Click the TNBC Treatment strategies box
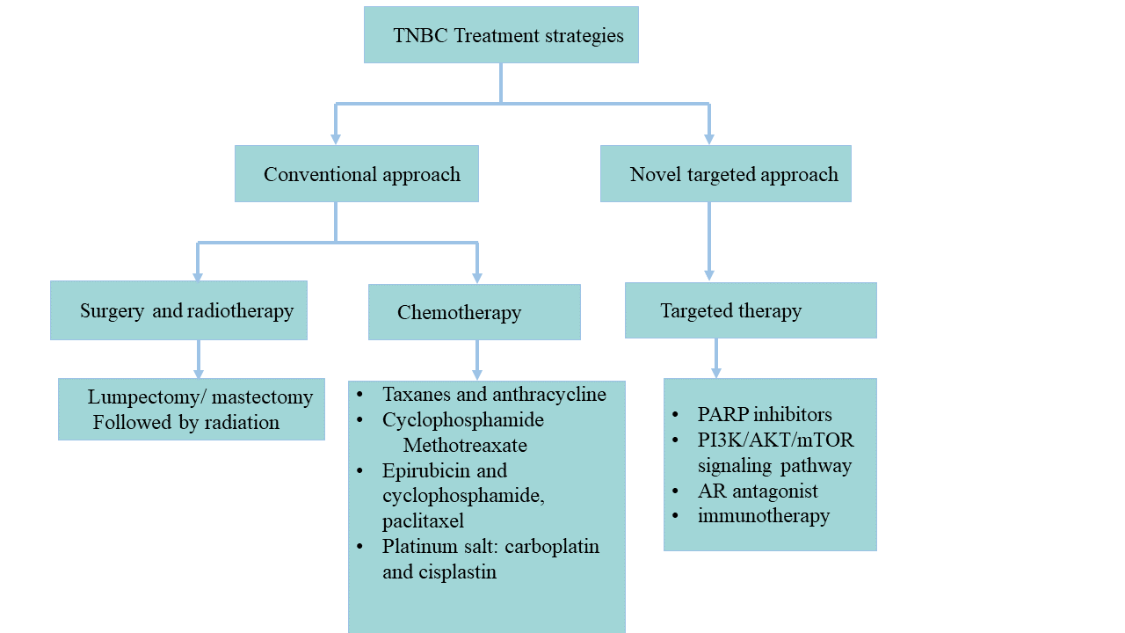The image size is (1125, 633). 501,35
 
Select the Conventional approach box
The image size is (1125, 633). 357,174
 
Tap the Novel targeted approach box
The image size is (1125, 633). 726,174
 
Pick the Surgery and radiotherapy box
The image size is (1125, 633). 178,310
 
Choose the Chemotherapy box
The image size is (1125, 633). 475,312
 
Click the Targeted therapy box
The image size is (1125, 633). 751,310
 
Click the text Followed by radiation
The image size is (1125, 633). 186,422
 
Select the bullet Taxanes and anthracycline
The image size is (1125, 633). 494,394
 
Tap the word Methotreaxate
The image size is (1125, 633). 465,445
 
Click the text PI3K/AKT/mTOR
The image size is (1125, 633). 776,440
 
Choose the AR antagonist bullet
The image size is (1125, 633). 758,491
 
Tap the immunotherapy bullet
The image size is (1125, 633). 764,515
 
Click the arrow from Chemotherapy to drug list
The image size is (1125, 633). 477,360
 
